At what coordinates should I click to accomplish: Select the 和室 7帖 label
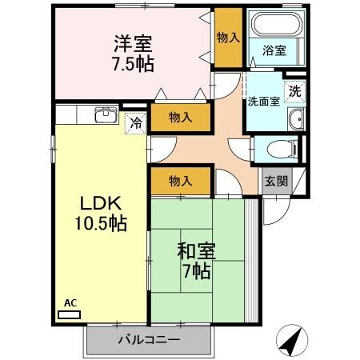(x=194, y=261)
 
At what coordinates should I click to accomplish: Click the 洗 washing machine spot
(x=295, y=90)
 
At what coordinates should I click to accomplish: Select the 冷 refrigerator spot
(x=136, y=123)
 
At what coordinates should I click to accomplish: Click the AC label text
(x=70, y=302)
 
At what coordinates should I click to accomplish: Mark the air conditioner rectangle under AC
(x=70, y=314)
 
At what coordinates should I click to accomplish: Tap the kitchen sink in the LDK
(x=105, y=115)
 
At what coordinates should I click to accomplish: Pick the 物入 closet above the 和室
(x=180, y=182)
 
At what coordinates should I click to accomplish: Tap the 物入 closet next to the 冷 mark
(x=180, y=118)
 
